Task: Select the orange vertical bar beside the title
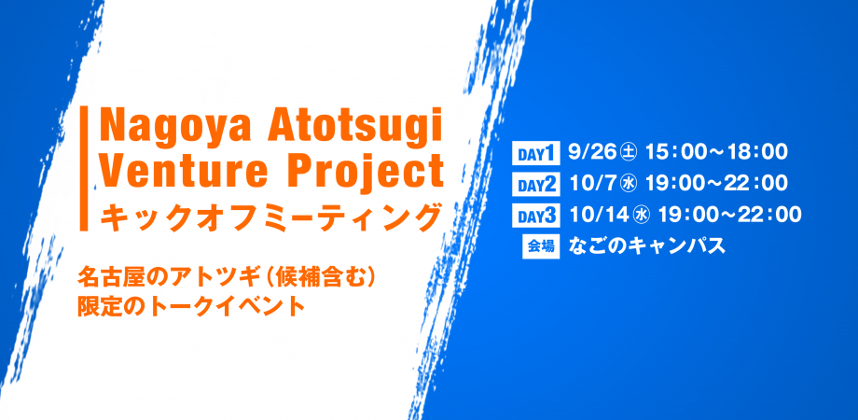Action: pyautogui.click(x=84, y=168)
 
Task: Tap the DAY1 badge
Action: pyautogui.click(x=535, y=154)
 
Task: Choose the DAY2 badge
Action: pyautogui.click(x=535, y=185)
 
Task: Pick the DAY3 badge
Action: pyautogui.click(x=535, y=216)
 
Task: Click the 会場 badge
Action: pyautogui.click(x=541, y=247)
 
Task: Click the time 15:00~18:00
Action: pyautogui.click(x=716, y=153)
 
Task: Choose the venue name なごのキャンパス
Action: pyautogui.click(x=647, y=246)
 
